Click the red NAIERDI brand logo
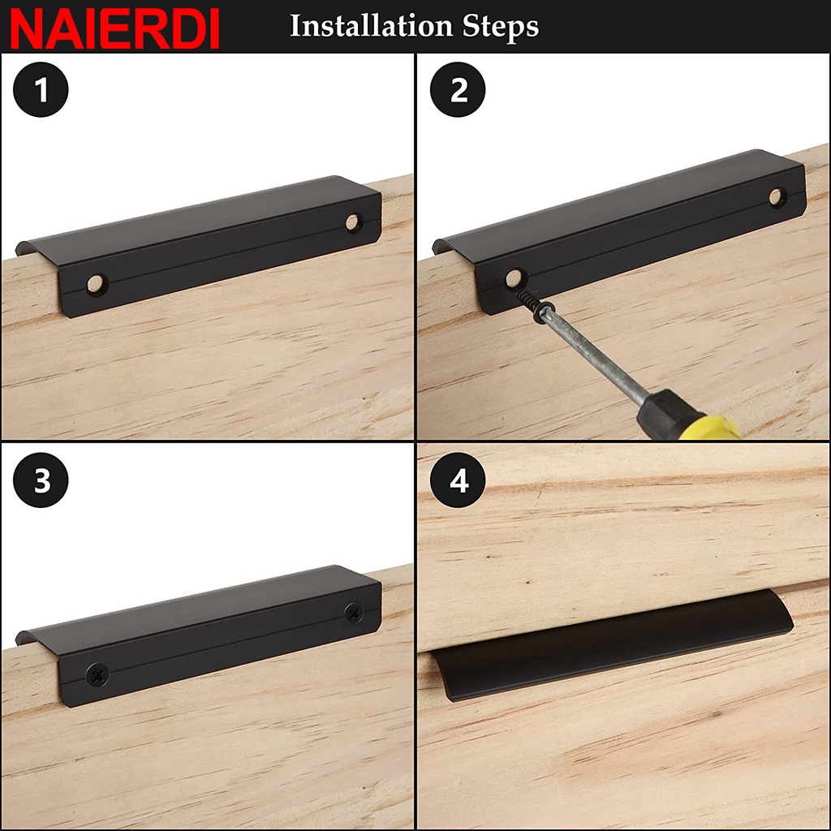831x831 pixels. (114, 28)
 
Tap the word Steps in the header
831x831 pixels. (500, 28)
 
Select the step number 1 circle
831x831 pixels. (41, 89)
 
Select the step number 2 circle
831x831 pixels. (458, 89)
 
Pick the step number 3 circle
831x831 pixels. (41, 480)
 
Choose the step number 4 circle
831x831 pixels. (458, 480)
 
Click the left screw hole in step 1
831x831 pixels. (97, 284)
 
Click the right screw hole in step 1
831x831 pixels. (353, 222)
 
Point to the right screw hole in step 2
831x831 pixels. (777, 196)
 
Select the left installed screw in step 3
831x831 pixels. (97, 674)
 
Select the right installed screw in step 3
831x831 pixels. (354, 613)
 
